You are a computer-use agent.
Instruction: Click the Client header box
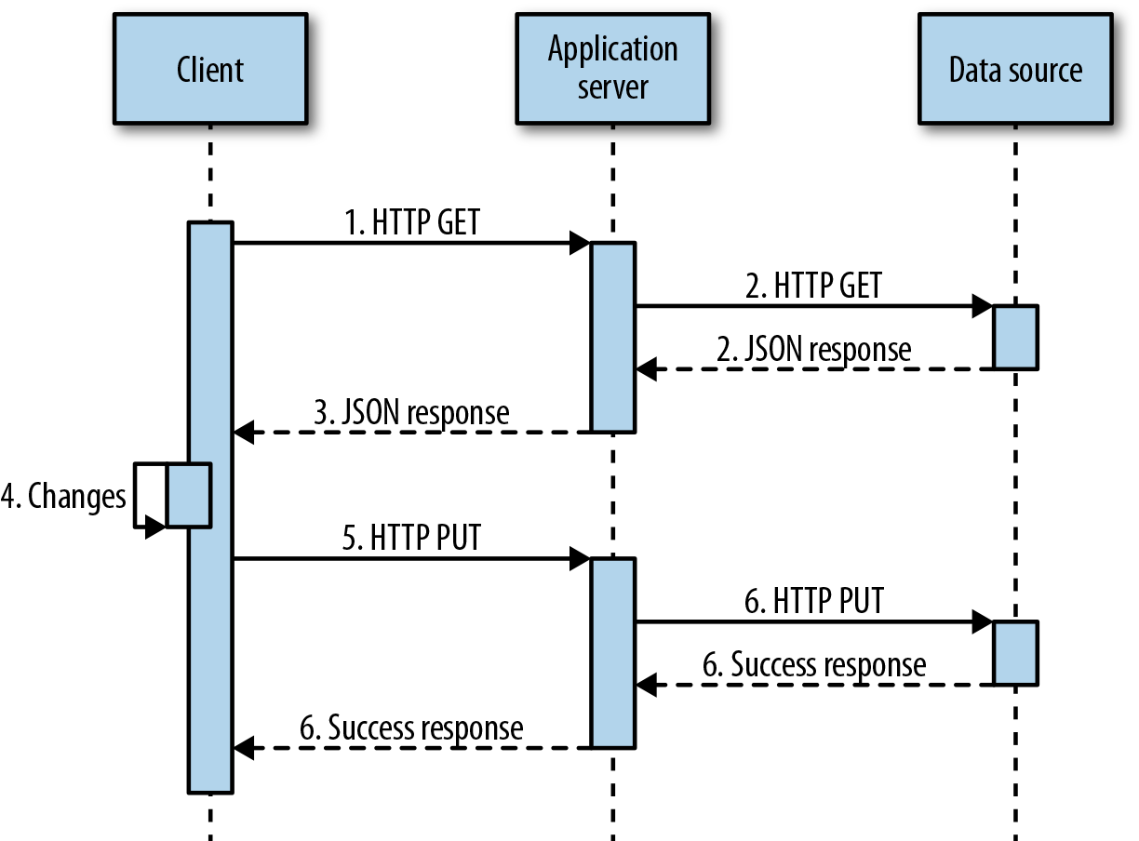pyautogui.click(x=210, y=69)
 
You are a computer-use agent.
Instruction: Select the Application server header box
pyautogui.click(x=612, y=69)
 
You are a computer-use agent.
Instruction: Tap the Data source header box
pyautogui.click(x=1015, y=69)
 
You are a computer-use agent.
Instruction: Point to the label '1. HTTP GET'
pyautogui.click(x=412, y=223)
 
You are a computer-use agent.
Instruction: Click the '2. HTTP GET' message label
pyautogui.click(x=813, y=286)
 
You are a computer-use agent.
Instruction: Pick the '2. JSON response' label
pyautogui.click(x=813, y=349)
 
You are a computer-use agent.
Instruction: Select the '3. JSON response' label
pyautogui.click(x=411, y=412)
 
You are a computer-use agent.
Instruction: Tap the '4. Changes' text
pyautogui.click(x=63, y=496)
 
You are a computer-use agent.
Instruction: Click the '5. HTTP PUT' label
pyautogui.click(x=411, y=539)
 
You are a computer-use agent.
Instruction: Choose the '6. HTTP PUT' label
pyautogui.click(x=813, y=602)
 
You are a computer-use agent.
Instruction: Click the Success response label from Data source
pyautogui.click(x=813, y=665)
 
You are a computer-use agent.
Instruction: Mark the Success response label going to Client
pyautogui.click(x=411, y=728)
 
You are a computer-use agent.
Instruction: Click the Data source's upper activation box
pyautogui.click(x=1015, y=337)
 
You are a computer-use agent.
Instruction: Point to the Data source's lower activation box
pyautogui.click(x=1015, y=653)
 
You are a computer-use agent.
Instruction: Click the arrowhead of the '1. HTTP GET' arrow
pyautogui.click(x=580, y=244)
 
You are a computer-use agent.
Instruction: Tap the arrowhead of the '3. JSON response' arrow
pyautogui.click(x=243, y=433)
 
